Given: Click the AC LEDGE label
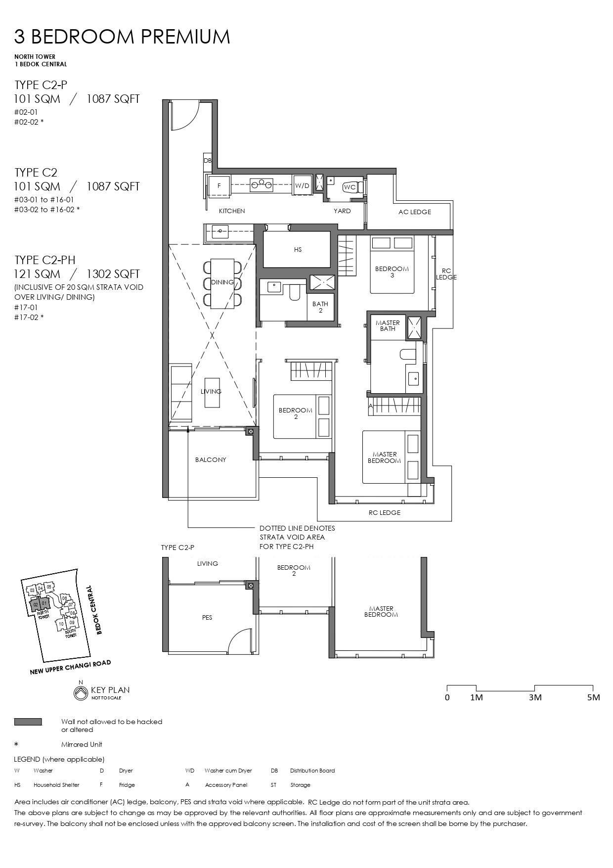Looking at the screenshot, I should pos(414,212).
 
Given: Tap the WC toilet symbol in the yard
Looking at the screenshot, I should pos(350,187).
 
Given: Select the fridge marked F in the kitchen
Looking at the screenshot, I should pos(219,186).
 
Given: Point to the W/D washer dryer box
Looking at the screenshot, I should pos(302,186).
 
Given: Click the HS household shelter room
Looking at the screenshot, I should pos(297,250).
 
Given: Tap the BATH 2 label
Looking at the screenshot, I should pos(320,307).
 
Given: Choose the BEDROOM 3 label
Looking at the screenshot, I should pos(392,272).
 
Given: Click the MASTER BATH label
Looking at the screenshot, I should pos(388,325).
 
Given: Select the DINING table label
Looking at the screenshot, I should pos(222,282).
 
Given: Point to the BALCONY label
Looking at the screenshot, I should pos(211,459).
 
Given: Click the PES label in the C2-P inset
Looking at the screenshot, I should pos(207,617).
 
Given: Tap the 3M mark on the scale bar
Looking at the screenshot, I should pos(535,697).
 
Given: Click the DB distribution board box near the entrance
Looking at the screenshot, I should pos(208,161).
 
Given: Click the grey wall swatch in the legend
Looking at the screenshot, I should pos(28,722).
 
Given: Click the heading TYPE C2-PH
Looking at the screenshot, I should pos(45,260).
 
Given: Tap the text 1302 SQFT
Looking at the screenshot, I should pos(113,274).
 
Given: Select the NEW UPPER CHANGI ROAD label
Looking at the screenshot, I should pos(70,667).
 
